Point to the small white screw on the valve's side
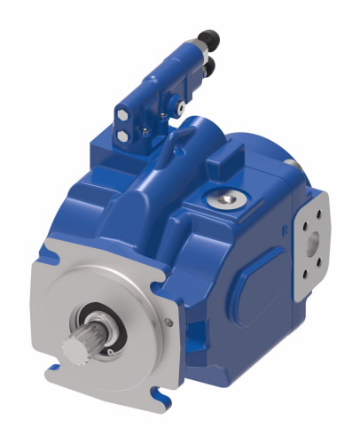(180, 107)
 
